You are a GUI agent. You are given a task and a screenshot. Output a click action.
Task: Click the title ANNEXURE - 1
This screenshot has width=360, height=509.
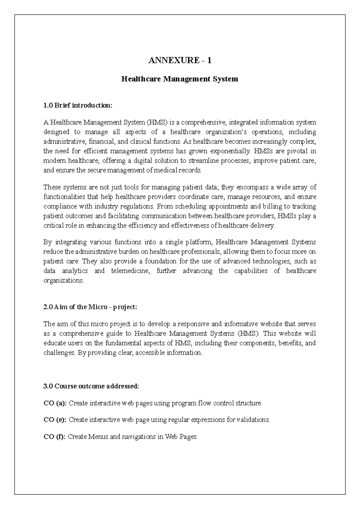(180, 60)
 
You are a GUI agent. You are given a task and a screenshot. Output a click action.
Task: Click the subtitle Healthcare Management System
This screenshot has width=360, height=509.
(179, 79)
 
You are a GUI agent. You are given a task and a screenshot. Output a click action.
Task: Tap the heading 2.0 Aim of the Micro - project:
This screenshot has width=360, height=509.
(90, 307)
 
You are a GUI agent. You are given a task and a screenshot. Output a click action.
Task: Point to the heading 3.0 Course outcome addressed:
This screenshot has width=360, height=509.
(91, 386)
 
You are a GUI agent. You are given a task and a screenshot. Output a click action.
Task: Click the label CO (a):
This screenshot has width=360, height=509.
(55, 403)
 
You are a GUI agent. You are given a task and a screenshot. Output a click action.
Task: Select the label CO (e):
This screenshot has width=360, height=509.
(55, 420)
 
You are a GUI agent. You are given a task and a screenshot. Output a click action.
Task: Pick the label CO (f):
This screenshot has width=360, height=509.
(55, 437)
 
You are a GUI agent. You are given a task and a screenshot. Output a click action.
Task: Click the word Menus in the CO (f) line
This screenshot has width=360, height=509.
(98, 437)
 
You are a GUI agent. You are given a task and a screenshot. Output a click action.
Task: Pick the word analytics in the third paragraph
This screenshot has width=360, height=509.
(75, 271)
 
